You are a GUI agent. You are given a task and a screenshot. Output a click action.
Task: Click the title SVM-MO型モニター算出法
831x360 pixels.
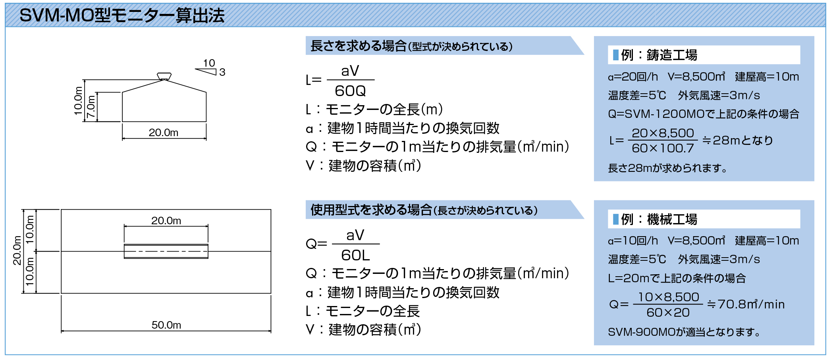pyautogui.click(x=122, y=15)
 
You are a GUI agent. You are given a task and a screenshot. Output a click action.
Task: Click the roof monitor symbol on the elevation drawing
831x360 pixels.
pyautogui.click(x=164, y=76)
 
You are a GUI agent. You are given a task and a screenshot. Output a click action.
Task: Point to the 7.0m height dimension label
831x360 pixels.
pyautogui.click(x=91, y=106)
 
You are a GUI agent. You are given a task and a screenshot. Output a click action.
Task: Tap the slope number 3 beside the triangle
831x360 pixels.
pyautogui.click(x=222, y=72)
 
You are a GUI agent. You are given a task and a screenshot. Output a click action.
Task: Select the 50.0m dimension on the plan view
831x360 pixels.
pyautogui.click(x=166, y=325)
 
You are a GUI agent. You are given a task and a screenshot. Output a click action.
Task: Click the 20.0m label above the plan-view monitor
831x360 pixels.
pyautogui.click(x=166, y=220)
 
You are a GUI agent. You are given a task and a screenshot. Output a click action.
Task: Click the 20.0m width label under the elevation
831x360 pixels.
pyautogui.click(x=164, y=132)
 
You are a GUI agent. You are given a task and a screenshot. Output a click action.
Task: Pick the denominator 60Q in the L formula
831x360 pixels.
pyautogui.click(x=350, y=91)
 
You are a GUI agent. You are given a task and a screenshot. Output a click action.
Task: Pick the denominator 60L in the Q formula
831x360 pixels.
pyautogui.click(x=355, y=255)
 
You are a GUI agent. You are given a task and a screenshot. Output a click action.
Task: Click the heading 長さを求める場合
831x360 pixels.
pyautogui.click(x=359, y=46)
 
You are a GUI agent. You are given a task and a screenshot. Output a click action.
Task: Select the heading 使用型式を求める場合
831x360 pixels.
pyautogui.click(x=371, y=210)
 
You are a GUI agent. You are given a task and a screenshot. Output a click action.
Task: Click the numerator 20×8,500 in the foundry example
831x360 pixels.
pyautogui.click(x=663, y=133)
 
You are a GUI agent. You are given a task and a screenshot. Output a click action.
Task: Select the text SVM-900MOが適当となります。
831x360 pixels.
pyautogui.click(x=684, y=332)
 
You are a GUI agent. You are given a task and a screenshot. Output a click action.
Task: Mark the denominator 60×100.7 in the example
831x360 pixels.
pyautogui.click(x=663, y=148)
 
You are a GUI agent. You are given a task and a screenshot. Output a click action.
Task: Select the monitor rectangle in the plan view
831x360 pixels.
pyautogui.click(x=166, y=251)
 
